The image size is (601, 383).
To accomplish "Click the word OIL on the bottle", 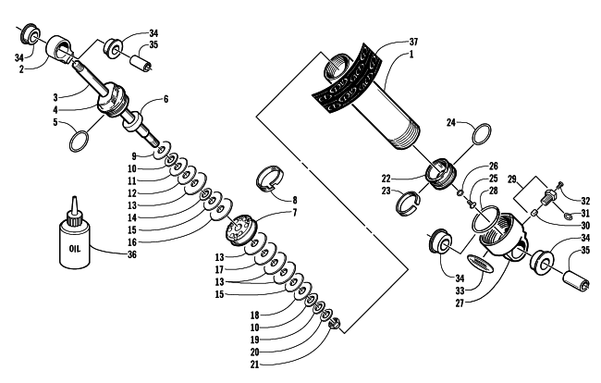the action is pyautogui.click(x=75, y=249).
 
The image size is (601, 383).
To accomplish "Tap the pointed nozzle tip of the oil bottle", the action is pyautogui.click(x=74, y=198).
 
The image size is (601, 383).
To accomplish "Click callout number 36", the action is pyautogui.click(x=132, y=254).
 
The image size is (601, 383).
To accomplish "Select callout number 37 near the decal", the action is pyautogui.click(x=413, y=42).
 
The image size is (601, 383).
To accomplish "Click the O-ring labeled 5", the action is pyautogui.click(x=79, y=142).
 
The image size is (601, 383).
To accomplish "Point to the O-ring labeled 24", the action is pyautogui.click(x=482, y=134).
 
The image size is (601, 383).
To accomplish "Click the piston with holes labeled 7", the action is pyautogui.click(x=241, y=229).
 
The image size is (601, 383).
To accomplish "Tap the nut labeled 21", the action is pyautogui.click(x=336, y=325).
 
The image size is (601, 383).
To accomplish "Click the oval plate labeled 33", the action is pyautogui.click(x=480, y=265).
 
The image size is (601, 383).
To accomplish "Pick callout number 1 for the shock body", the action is pyautogui.click(x=411, y=54).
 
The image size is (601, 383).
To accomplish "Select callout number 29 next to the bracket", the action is pyautogui.click(x=512, y=179).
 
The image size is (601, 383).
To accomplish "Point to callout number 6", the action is pyautogui.click(x=166, y=99).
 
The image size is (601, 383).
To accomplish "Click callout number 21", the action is pyautogui.click(x=255, y=364).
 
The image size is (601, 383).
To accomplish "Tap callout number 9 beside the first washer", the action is pyautogui.click(x=134, y=156).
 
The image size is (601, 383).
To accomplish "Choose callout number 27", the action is pyautogui.click(x=460, y=303).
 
